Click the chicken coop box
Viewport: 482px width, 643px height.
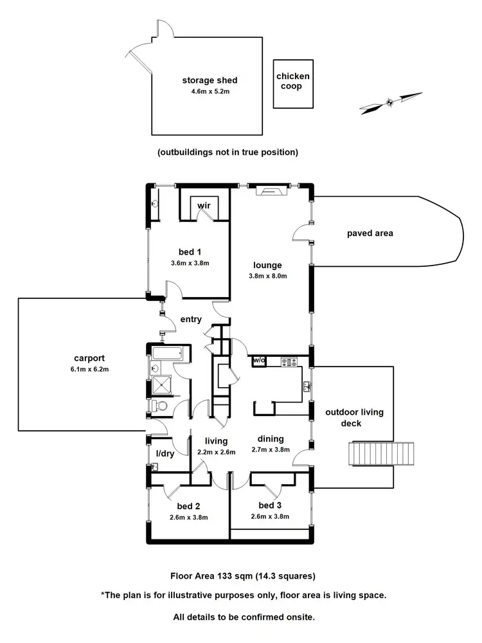pyautogui.click(x=292, y=84)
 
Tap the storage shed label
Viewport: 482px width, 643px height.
pyautogui.click(x=210, y=80)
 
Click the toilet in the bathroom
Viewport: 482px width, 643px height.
pyautogui.click(x=160, y=406)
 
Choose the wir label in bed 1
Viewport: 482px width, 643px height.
pyautogui.click(x=204, y=205)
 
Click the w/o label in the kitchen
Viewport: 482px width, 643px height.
pyautogui.click(x=260, y=360)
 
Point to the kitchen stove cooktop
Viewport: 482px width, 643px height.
pyautogui.click(x=290, y=362)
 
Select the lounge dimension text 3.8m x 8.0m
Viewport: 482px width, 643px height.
pyautogui.click(x=267, y=276)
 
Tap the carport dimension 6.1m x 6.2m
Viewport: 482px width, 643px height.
pyautogui.click(x=89, y=369)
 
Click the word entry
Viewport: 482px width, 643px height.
pyautogui.click(x=191, y=319)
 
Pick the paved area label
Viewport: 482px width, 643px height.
pyautogui.click(x=370, y=233)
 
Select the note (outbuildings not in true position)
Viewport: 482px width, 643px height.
pyautogui.click(x=228, y=152)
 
